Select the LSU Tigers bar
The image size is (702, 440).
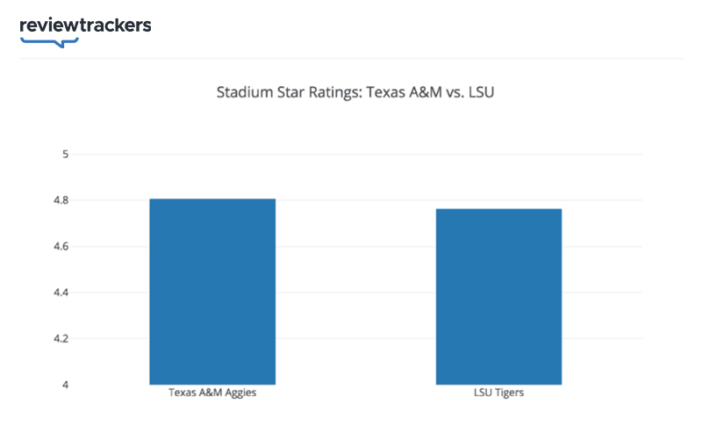(x=498, y=296)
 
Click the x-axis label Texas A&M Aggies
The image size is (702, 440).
(x=212, y=393)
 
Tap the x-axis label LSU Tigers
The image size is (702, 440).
(x=498, y=393)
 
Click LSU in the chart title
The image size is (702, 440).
(x=482, y=91)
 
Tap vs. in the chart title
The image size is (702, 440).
(x=454, y=91)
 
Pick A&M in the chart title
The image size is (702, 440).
(x=423, y=91)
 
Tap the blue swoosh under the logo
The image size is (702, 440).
(x=49, y=40)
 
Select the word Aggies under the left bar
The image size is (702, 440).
(x=239, y=393)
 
